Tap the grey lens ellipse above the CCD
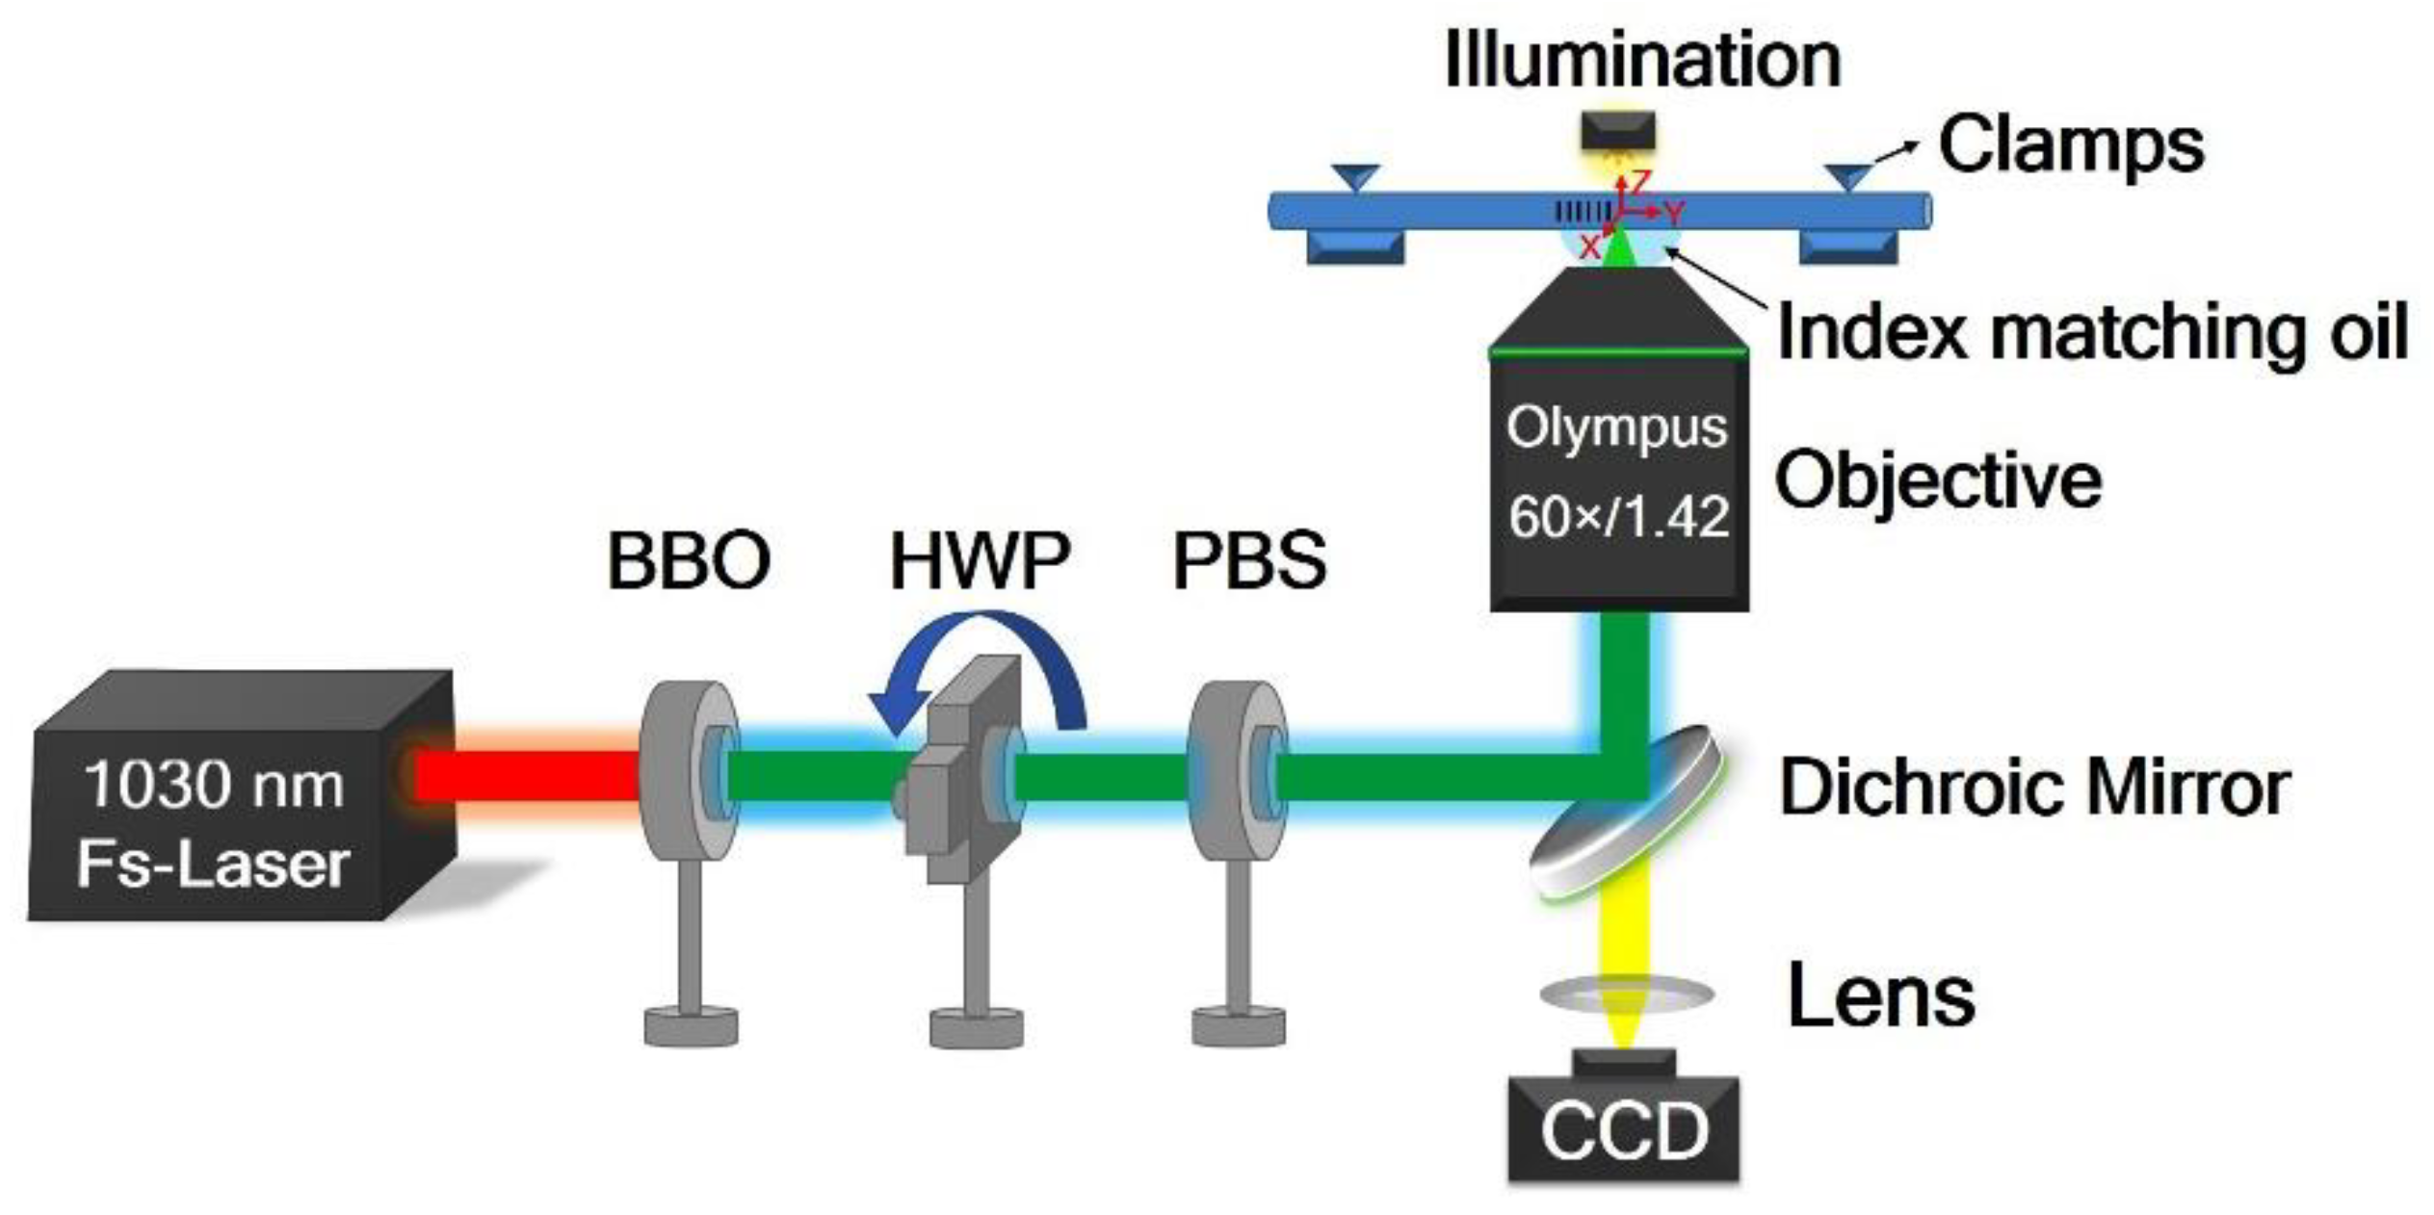[1626, 994]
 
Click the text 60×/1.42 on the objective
[1618, 517]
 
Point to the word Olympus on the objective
[1618, 428]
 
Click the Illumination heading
[1642, 60]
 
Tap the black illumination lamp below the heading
[1618, 130]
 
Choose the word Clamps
[2071, 144]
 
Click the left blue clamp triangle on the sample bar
[1355, 177]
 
